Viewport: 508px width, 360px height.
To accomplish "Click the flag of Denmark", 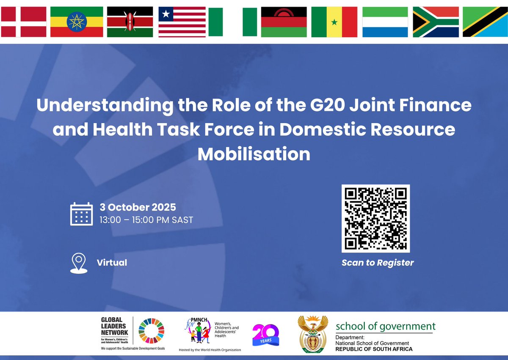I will click(x=23, y=22).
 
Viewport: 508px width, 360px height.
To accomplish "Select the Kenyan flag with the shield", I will click(x=130, y=22).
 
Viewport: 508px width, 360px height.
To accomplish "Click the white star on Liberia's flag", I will click(x=165, y=15).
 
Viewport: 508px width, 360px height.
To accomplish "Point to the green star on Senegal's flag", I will click(x=334, y=22).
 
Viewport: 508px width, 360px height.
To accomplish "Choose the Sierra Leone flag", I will click(x=385, y=22).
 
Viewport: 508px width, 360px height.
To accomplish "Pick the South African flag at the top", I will click(x=436, y=22).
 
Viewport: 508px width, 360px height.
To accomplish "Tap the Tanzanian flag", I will click(x=485, y=22).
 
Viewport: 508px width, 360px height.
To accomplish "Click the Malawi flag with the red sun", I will click(x=284, y=22).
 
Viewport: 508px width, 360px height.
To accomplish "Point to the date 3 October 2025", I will click(x=138, y=207).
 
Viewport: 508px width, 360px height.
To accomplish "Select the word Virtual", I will click(x=112, y=262).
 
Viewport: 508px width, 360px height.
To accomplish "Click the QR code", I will click(x=375, y=218).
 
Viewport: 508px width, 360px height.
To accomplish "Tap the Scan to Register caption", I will click(x=378, y=263).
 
